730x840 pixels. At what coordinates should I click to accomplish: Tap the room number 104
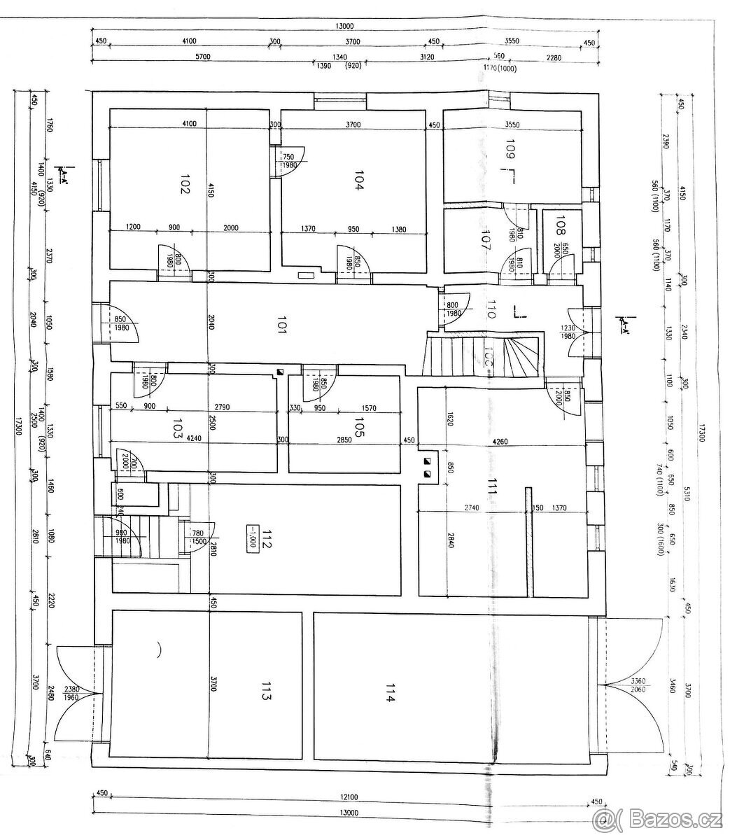(358, 182)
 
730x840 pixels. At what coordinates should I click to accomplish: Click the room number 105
(359, 427)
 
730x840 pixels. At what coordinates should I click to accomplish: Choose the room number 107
(486, 240)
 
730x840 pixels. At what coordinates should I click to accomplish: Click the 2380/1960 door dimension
(73, 693)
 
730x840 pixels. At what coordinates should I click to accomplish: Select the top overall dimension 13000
(344, 26)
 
